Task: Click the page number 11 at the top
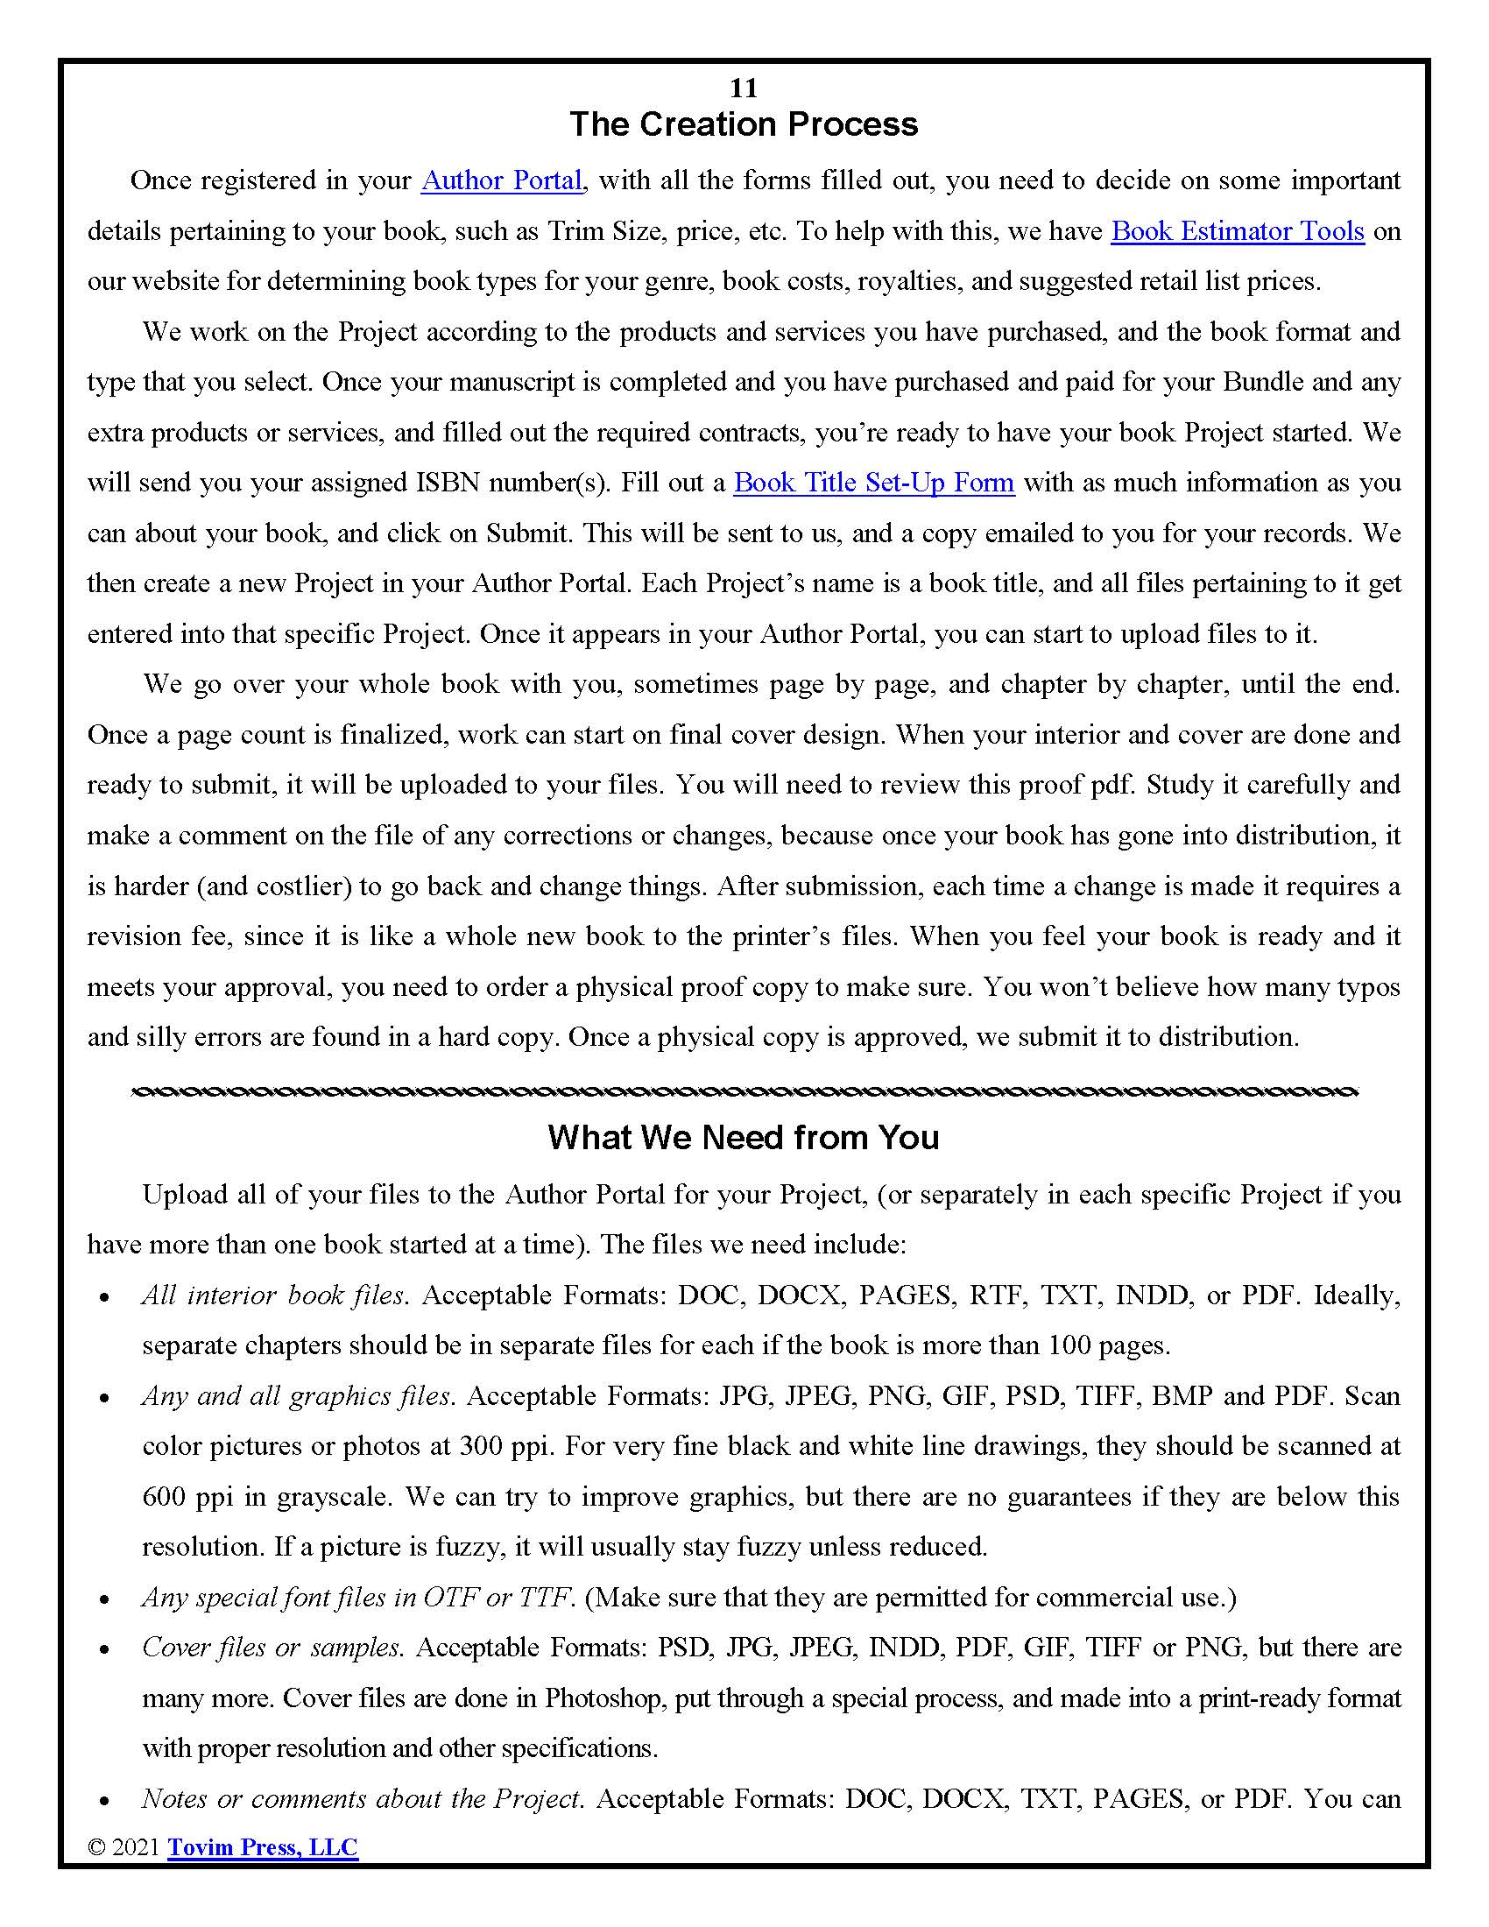[744, 88]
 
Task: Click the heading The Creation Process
[744, 124]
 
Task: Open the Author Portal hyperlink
[501, 181]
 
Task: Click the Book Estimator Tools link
[1237, 231]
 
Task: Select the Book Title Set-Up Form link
[873, 484]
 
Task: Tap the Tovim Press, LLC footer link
[263, 1847]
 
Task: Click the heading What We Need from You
[744, 1137]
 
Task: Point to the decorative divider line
[744, 1093]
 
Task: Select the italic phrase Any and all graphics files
[297, 1396]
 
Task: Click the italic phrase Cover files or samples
[272, 1648]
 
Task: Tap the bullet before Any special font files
[105, 1599]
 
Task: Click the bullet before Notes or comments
[105, 1801]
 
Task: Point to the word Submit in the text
[526, 533]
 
